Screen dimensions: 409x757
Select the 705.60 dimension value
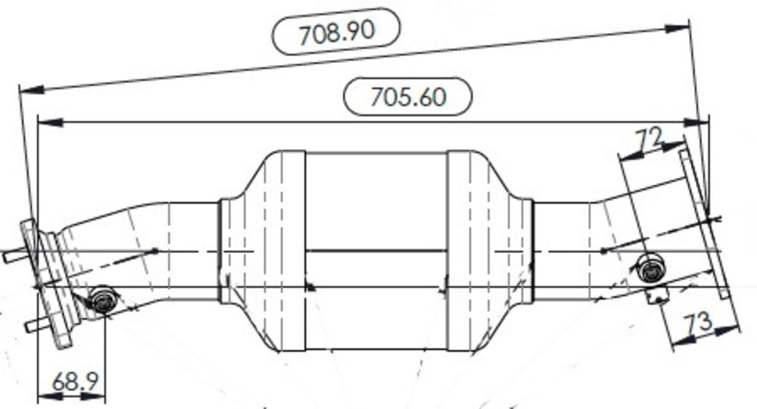(x=408, y=96)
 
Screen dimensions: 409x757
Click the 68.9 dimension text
(x=75, y=382)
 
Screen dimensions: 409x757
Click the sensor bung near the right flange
(x=651, y=269)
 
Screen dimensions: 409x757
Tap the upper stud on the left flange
(x=14, y=256)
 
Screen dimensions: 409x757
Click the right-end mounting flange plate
(x=705, y=224)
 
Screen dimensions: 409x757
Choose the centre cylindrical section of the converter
(x=376, y=250)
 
